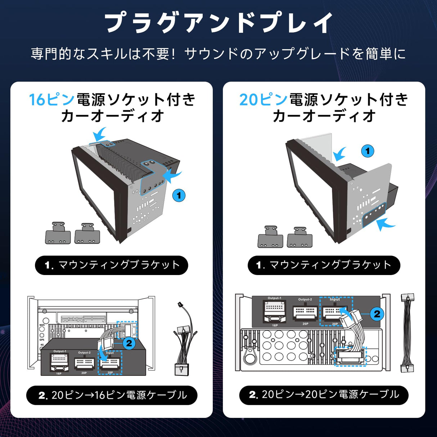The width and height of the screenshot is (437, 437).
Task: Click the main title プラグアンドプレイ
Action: click(x=218, y=23)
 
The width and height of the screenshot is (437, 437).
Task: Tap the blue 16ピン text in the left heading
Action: click(x=52, y=100)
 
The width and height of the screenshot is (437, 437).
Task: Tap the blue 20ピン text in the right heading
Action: click(x=263, y=100)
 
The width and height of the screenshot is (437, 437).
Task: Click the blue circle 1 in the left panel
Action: click(x=179, y=196)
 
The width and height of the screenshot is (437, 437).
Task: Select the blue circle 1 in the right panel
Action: click(x=368, y=151)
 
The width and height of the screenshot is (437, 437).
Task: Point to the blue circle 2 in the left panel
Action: click(x=129, y=343)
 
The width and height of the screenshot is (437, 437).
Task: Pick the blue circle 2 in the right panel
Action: click(x=377, y=314)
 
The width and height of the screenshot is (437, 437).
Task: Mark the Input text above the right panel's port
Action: click(x=335, y=299)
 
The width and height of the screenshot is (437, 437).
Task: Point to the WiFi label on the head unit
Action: click(x=42, y=325)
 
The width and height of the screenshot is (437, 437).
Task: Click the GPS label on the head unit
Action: click(x=42, y=339)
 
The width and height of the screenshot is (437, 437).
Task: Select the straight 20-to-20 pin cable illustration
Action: click(x=407, y=333)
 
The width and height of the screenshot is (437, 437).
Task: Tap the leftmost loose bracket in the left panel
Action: click(x=58, y=233)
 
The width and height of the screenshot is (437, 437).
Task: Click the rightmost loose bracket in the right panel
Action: click(x=299, y=237)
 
